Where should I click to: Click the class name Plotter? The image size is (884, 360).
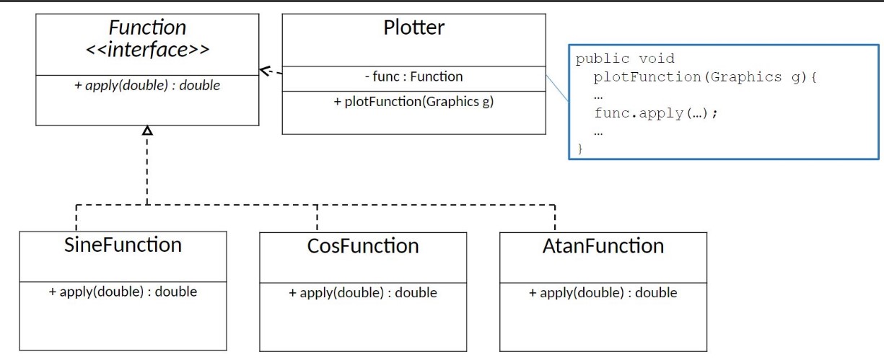413,28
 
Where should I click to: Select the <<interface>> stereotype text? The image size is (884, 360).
147,50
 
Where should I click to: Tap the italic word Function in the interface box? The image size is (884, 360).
147,28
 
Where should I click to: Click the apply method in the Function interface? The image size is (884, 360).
147,85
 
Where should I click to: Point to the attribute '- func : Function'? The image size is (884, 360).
413,76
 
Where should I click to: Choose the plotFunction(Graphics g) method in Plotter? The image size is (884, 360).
413,102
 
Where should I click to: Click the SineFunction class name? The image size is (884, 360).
123,245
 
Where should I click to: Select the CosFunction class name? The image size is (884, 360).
363,246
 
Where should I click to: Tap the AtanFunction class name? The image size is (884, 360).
603,246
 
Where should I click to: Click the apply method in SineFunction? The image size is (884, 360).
123,292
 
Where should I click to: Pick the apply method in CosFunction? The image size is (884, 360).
363,293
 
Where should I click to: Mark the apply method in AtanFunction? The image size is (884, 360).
603,293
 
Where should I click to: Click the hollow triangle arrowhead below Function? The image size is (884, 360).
147,131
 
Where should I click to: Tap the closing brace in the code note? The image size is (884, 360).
579,149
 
